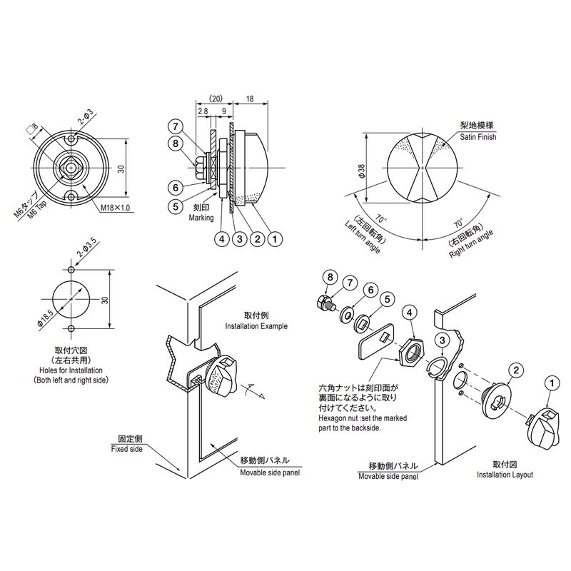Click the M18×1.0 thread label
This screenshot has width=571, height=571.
click(116, 208)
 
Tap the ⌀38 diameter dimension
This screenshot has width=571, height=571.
click(362, 171)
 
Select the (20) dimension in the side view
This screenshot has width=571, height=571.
click(216, 99)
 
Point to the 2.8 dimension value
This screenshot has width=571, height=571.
click(203, 111)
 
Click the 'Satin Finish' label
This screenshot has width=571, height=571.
click(477, 137)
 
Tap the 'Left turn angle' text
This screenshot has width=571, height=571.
click(363, 236)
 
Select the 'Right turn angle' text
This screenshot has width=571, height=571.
click(471, 244)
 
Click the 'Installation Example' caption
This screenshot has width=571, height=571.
click(256, 326)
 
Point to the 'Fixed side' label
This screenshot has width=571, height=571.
click(127, 449)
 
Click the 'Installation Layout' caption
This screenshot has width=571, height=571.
click(505, 475)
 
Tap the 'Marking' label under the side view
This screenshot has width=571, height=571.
click(201, 218)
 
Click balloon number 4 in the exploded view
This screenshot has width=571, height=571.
click(410, 313)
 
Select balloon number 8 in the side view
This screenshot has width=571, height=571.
click(176, 143)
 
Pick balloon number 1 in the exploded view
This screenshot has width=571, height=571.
click(552, 383)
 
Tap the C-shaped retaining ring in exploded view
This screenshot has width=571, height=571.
click(437, 365)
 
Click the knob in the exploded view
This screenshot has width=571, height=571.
click(542, 429)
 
